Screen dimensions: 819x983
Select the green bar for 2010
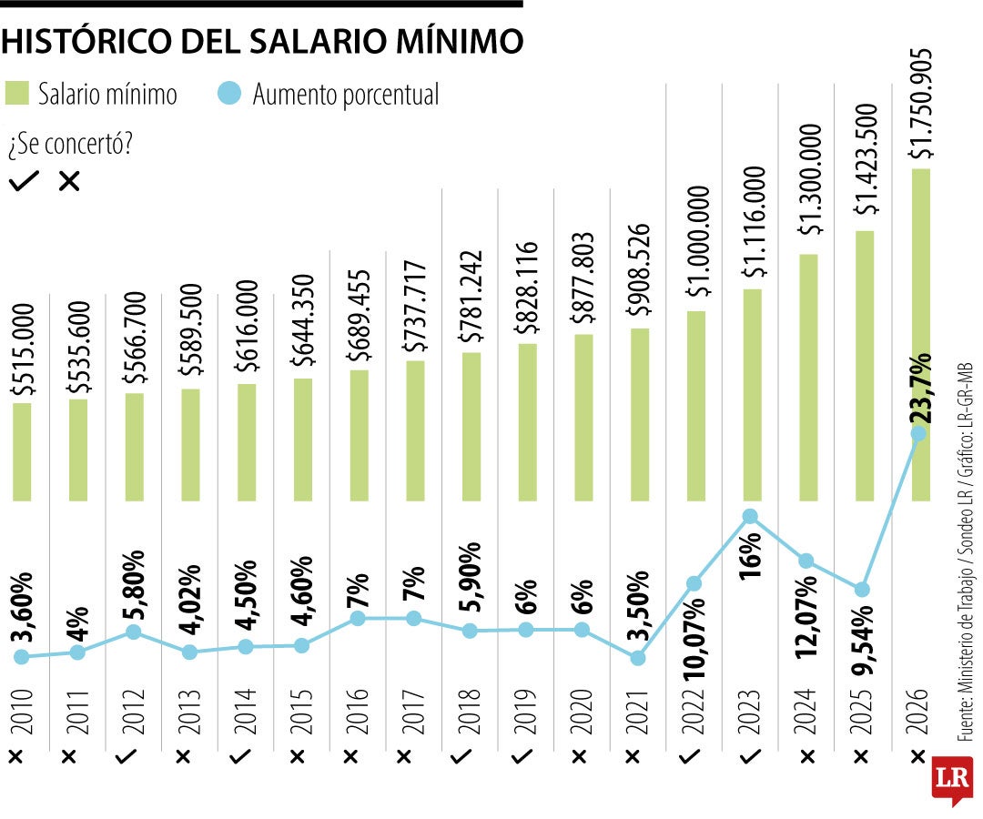(22, 451)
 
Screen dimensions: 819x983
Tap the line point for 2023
(750, 516)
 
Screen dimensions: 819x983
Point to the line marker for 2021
(638, 657)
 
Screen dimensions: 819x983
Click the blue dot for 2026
(918, 434)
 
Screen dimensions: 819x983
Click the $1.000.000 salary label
(697, 241)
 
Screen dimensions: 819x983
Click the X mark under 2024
(806, 756)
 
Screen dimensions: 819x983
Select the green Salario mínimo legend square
(17, 94)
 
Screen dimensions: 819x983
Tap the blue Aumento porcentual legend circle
(231, 94)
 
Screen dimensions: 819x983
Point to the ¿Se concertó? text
(69, 144)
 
